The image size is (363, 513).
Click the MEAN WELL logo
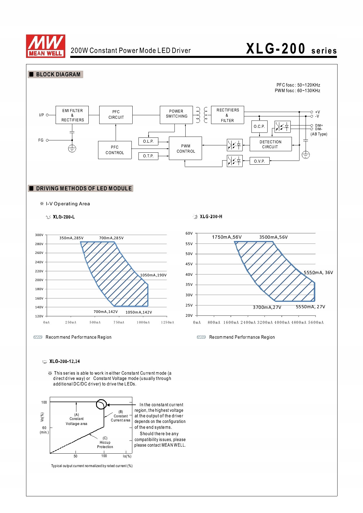(46, 46)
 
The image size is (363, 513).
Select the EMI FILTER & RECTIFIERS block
(72, 115)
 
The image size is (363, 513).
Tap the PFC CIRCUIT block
(116, 115)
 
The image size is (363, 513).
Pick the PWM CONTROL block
(186, 148)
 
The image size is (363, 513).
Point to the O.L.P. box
(148, 142)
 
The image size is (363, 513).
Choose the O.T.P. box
(148, 156)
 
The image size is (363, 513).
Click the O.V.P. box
(259, 161)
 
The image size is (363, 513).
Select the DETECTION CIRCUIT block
(270, 144)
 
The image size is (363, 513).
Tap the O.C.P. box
(259, 127)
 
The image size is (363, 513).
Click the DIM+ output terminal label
(319, 125)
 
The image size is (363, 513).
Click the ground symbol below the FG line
(72, 149)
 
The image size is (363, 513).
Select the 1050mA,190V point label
(153, 275)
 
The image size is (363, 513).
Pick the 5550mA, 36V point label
(318, 273)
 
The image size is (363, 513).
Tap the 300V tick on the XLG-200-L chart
(39, 235)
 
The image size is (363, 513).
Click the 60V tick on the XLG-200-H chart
(189, 233)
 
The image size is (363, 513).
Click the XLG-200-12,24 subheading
(64, 361)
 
